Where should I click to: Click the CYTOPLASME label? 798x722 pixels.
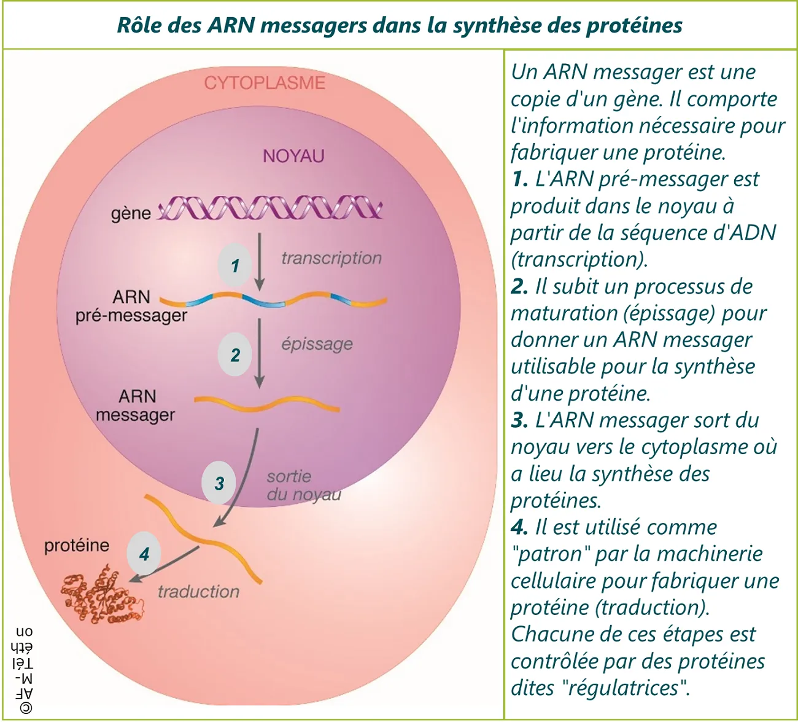coord(265,83)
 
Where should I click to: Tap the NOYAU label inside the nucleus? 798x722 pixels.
coord(293,156)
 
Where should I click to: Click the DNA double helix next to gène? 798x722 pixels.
coord(270,208)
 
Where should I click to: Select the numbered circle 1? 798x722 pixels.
coord(235,265)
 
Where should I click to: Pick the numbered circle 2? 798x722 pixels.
coord(235,355)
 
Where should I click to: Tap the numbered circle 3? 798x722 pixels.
coord(219,483)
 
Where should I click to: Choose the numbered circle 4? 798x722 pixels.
coord(144,554)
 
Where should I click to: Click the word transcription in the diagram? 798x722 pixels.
coord(331,258)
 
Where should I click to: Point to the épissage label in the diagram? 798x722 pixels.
coord(317,343)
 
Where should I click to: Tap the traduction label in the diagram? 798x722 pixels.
coord(198,592)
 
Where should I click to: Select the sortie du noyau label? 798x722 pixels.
coord(303,485)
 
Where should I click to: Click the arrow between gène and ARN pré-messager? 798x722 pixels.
coord(260,261)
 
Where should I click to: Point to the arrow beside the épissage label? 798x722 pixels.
coord(260,353)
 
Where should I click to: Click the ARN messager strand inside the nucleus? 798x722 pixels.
coord(267,404)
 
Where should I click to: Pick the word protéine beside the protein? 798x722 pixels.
coord(77,546)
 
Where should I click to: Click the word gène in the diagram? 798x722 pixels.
coord(131,213)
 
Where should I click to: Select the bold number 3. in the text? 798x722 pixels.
coord(519,420)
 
